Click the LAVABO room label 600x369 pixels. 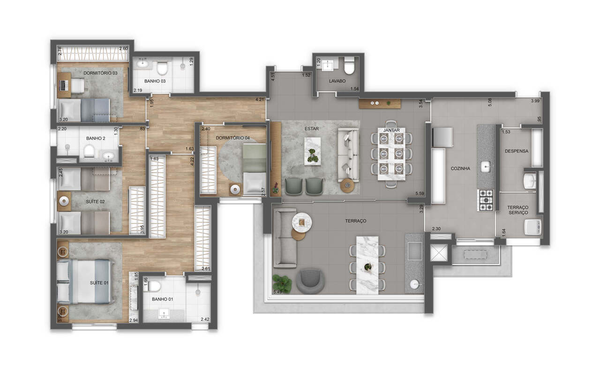coord(337,81)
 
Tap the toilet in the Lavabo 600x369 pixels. coord(350,66)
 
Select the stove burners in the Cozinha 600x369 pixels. coord(486,200)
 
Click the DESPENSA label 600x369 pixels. coord(517,151)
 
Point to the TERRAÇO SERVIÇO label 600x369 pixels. coord(517,210)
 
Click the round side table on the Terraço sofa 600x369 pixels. coord(302,221)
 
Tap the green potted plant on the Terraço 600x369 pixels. coord(282,283)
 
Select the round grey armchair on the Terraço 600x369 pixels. coord(310,280)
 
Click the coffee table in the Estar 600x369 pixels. coord(312,150)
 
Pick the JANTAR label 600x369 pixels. coord(391,129)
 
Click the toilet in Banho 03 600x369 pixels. coord(162,68)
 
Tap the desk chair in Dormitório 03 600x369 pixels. coord(77,85)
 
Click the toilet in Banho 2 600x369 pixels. coord(89,152)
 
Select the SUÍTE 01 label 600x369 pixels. coord(99,283)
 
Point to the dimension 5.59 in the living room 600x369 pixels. coord(420,193)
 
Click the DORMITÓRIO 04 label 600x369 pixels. coord(233,138)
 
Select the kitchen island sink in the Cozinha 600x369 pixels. coord(486,165)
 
